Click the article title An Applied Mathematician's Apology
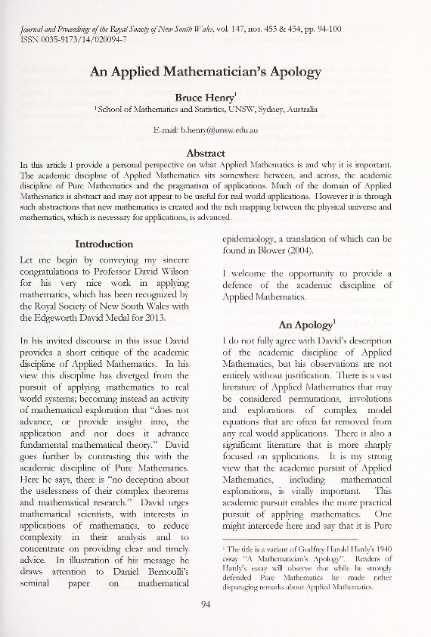click(x=206, y=73)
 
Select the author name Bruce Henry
click(x=205, y=97)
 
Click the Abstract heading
click(x=206, y=153)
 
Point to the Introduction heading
click(x=104, y=244)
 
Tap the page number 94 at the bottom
click(x=206, y=602)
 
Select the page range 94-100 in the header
click(x=324, y=27)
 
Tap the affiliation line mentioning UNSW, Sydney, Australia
click(x=206, y=110)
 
